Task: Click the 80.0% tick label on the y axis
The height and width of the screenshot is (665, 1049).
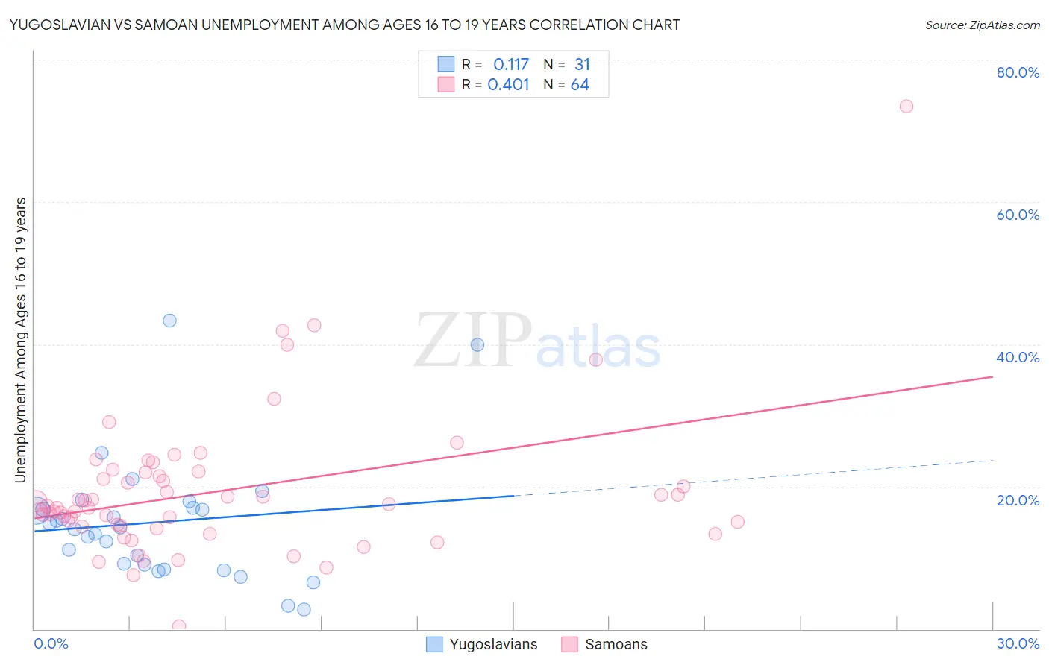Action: point(1018,72)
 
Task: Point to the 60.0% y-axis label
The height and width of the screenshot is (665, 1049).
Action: point(1018,215)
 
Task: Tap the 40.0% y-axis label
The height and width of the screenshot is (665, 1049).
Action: point(1018,357)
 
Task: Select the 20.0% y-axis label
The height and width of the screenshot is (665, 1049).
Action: point(1018,499)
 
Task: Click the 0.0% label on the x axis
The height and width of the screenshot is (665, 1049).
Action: point(51,643)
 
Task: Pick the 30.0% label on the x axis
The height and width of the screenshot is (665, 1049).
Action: point(1018,643)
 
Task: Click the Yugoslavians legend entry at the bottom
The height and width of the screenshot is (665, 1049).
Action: point(492,644)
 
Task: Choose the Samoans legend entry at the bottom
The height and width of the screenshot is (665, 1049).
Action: point(616,644)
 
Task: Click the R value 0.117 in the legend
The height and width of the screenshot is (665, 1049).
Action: point(511,65)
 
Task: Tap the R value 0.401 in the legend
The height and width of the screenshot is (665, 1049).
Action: point(509,85)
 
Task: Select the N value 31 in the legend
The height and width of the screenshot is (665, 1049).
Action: point(582,65)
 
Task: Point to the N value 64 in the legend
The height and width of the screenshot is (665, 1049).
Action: point(580,85)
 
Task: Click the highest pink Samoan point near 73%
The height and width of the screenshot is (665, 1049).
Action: point(906,106)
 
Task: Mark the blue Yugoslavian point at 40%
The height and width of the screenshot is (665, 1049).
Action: point(477,344)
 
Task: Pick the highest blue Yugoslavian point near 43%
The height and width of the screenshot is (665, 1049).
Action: point(169,321)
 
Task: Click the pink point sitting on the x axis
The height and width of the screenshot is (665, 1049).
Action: point(179,626)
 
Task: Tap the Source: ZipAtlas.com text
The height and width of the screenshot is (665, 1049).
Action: point(982,25)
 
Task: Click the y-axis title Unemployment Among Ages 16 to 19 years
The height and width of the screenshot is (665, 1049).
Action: point(21,339)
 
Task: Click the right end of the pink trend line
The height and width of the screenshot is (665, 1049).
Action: point(992,377)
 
